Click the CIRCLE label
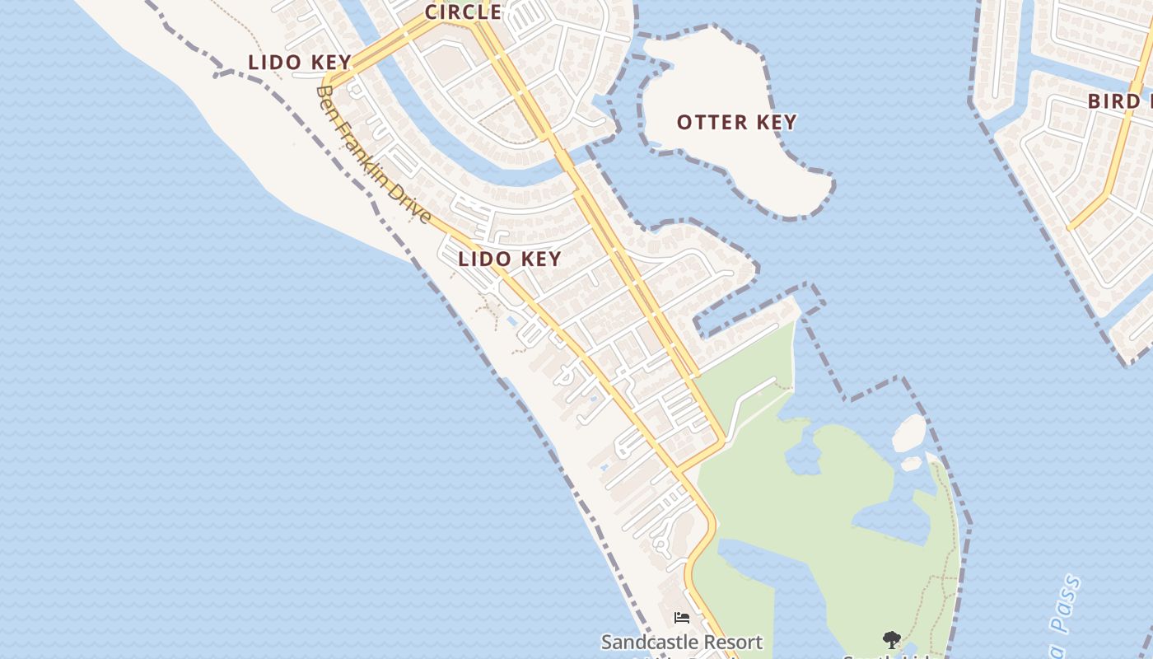pyautogui.click(x=463, y=12)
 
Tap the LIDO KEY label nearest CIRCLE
pyautogui.click(x=300, y=63)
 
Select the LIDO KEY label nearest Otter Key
pyautogui.click(x=510, y=259)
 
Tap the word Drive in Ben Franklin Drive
pyautogui.click(x=416, y=207)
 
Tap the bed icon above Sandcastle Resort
pyautogui.click(x=681, y=617)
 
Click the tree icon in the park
pyautogui.click(x=891, y=639)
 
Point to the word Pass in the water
pyautogui.click(x=1066, y=605)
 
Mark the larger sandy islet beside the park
pyautogui.click(x=909, y=433)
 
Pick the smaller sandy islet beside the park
pyautogui.click(x=911, y=464)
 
